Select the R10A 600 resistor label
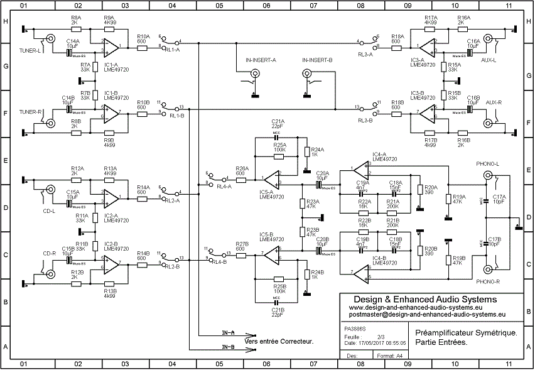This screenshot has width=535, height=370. pyautogui.click(x=143, y=39)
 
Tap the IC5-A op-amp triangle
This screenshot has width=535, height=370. pyautogui.click(x=271, y=177)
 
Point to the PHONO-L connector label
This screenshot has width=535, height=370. pyautogui.click(x=488, y=164)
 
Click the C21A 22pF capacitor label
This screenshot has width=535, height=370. pyautogui.click(x=278, y=123)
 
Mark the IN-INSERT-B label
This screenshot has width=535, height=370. pyautogui.click(x=317, y=60)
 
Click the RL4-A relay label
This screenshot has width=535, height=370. pyautogui.click(x=223, y=187)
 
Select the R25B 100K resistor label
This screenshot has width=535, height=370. pyautogui.click(x=279, y=289)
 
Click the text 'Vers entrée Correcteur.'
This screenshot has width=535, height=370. pyautogui.click(x=279, y=342)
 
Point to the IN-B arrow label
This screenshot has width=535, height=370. pyautogui.click(x=228, y=347)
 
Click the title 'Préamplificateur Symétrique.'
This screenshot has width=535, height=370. pyautogui.click(x=467, y=332)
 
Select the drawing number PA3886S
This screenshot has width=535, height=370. pyautogui.click(x=354, y=327)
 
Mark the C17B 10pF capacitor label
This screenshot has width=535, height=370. pyautogui.click(x=495, y=242)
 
